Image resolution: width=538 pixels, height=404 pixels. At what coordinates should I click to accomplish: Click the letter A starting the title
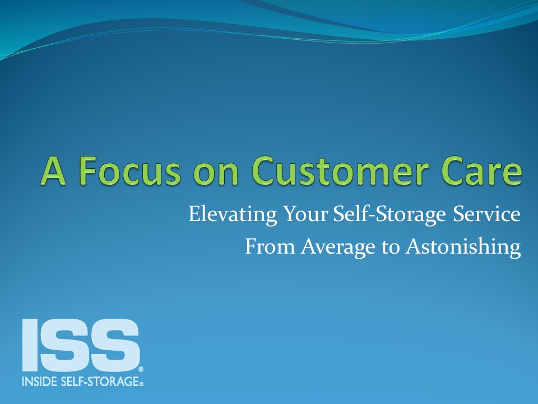(53, 171)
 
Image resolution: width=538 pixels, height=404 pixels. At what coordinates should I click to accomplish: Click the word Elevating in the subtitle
(233, 214)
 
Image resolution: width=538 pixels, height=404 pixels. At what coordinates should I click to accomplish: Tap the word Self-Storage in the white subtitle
(389, 214)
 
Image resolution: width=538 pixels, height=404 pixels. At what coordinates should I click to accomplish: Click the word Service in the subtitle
(486, 214)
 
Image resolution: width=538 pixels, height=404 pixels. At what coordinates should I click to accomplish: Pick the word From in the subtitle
(270, 247)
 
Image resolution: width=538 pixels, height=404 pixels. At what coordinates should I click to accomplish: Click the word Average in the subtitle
(338, 247)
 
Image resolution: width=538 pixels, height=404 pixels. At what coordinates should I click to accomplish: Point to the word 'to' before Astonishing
(391, 247)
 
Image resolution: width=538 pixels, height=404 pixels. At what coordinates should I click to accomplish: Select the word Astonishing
(463, 247)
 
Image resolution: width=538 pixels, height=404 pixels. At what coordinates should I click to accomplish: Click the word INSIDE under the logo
(39, 382)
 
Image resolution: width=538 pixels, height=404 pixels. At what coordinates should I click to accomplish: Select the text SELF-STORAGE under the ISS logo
(100, 382)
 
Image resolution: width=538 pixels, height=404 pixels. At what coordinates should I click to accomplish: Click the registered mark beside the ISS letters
(141, 369)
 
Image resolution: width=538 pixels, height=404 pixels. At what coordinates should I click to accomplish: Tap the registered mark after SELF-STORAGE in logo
(141, 384)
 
